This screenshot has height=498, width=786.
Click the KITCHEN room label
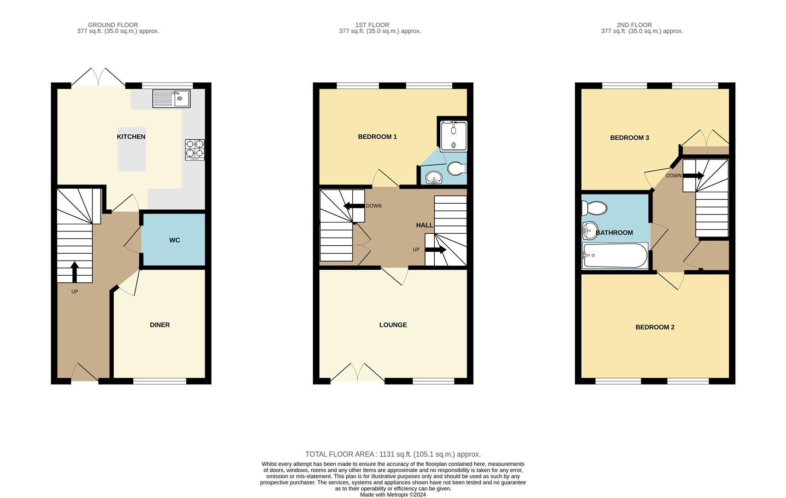point(131,137)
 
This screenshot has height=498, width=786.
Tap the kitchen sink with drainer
point(171,99)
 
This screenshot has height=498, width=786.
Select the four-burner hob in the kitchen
point(195,149)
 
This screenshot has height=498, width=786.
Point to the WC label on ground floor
point(174,240)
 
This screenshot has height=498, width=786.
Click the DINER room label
point(160,325)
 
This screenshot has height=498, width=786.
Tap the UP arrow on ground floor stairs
point(75,272)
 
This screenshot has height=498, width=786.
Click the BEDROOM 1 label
point(377,137)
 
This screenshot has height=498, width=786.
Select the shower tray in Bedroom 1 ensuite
point(454,136)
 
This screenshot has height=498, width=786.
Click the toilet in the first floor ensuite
point(456,168)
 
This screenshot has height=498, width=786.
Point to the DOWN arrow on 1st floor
point(354,206)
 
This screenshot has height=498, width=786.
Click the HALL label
point(424,225)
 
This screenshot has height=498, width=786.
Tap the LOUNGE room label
point(393,325)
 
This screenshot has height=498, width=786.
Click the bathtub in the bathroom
point(615,255)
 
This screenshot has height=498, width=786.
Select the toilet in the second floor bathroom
point(594,208)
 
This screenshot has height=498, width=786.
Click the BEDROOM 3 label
point(629,138)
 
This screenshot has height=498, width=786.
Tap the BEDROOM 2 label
point(655,327)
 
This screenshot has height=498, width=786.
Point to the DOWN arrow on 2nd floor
point(693,176)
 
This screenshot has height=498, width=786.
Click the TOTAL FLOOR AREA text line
point(393,454)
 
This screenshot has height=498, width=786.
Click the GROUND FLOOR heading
point(113,25)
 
